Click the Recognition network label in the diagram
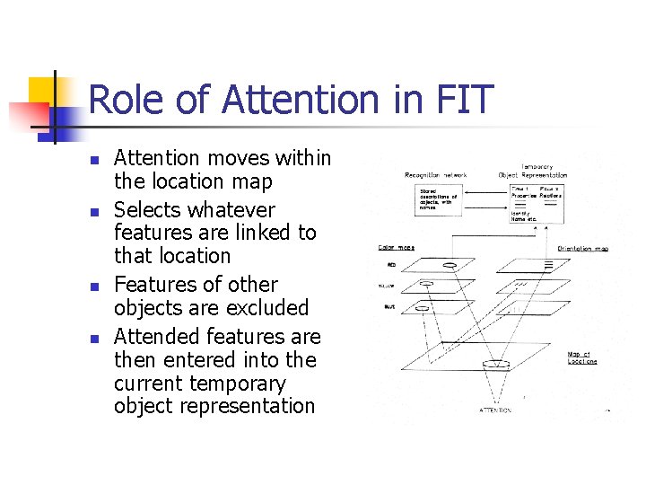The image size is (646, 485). [435, 175]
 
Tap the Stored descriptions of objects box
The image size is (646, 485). [440, 200]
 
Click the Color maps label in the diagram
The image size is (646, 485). [396, 247]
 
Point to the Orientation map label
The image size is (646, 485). [582, 248]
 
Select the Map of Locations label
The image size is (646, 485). [581, 357]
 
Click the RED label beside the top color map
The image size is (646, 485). [391, 266]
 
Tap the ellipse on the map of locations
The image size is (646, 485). [495, 364]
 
